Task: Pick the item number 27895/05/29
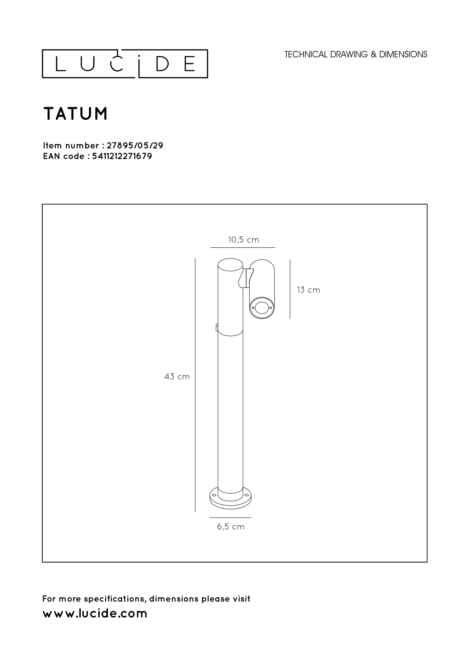coord(135,145)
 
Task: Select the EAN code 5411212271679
coord(122,156)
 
